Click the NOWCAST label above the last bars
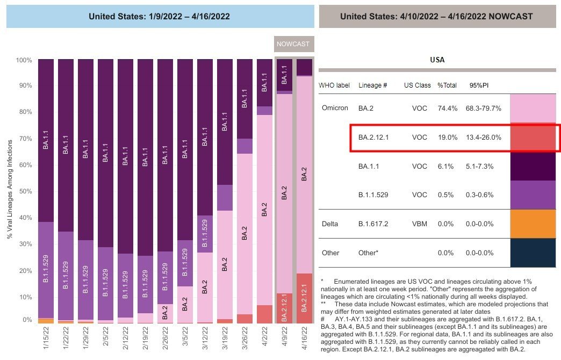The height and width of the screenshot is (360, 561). (293, 44)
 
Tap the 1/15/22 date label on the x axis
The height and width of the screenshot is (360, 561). (46, 339)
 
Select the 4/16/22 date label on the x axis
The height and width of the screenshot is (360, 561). (304, 339)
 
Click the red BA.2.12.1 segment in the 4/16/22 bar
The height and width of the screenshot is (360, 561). (304, 298)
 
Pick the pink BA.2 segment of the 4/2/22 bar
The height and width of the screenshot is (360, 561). (264, 210)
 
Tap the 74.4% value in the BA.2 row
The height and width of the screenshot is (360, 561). (447, 108)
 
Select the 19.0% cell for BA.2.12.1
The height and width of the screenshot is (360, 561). (447, 138)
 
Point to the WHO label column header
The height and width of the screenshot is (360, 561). (334, 85)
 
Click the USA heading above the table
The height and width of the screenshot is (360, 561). (437, 60)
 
